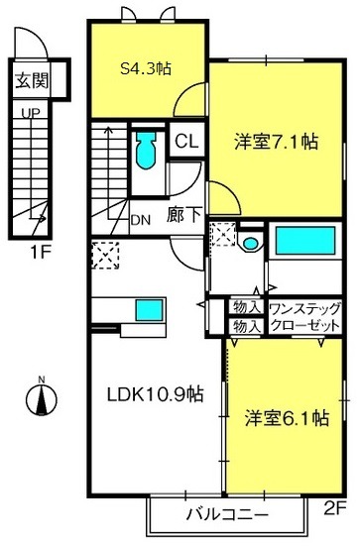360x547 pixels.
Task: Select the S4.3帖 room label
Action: point(146,68)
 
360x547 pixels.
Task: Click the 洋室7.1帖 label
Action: point(276,141)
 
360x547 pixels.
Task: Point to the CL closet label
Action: point(186,141)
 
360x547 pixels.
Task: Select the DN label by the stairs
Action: point(140,220)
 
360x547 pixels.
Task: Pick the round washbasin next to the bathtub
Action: point(250,243)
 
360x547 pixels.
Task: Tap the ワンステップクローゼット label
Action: point(305,315)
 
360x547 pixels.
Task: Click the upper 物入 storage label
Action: point(245,306)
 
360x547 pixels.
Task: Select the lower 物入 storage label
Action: point(245,325)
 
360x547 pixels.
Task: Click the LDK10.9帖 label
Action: point(155,393)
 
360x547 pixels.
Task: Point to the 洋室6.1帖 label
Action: point(286,418)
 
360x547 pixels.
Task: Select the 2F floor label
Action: point(333,509)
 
